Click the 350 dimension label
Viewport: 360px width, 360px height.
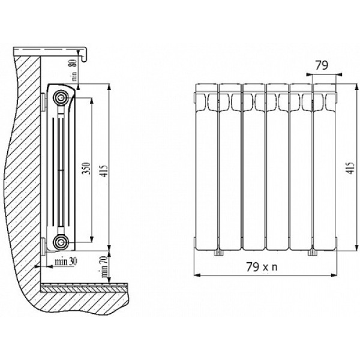coord(87,168)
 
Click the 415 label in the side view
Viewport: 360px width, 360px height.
coord(104,171)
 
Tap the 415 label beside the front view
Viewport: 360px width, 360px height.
coord(350,168)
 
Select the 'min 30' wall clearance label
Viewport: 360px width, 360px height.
coord(66,262)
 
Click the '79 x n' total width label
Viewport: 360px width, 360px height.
coord(262,267)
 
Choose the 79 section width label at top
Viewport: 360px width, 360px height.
coord(322,65)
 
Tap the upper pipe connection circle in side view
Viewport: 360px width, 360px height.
coord(61,97)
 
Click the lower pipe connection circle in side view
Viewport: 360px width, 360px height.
coord(61,241)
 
